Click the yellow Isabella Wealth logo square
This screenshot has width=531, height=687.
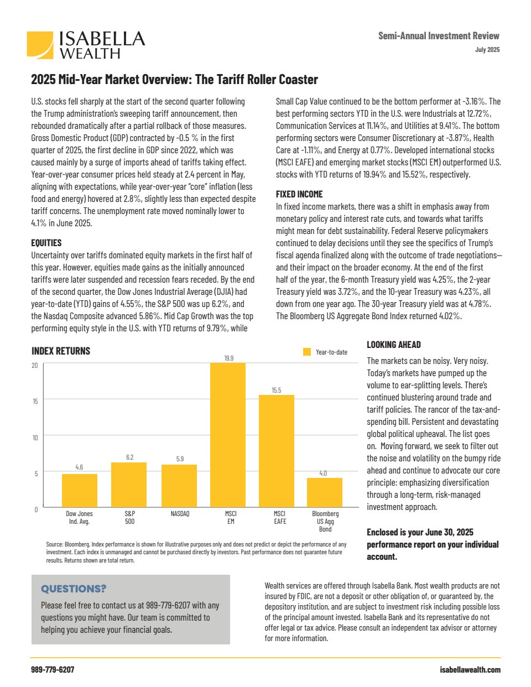coord(40,45)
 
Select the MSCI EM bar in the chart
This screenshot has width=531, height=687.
coord(228,435)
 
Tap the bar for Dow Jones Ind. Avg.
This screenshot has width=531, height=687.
coord(79,490)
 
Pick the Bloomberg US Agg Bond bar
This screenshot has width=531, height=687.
coord(325,492)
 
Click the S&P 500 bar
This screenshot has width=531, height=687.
coord(129,485)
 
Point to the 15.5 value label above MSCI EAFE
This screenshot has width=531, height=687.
coord(277,391)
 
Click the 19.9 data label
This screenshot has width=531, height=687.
coord(228,358)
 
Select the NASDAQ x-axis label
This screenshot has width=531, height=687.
coord(180,514)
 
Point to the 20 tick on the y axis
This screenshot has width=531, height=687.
coord(35,365)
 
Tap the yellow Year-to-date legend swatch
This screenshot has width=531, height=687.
coord(307,352)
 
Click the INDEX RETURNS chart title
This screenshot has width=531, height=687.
coord(61,351)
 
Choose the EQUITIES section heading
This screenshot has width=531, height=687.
coord(46,243)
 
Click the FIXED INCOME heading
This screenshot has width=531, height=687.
coord(299,194)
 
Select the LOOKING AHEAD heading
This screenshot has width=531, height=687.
coord(394,345)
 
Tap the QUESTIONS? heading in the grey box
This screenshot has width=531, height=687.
coord(74,589)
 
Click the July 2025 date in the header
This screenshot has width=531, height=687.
coord(487,50)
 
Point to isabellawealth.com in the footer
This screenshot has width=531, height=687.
coord(470,670)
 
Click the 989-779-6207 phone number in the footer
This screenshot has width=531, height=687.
coord(53,670)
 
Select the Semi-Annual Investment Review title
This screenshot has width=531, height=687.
coord(439,36)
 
